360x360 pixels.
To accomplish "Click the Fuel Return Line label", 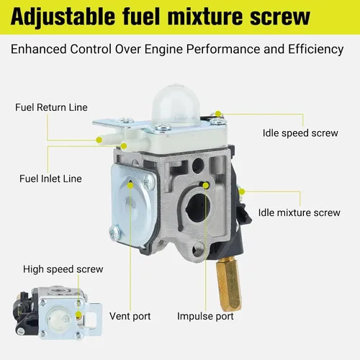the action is (51, 107).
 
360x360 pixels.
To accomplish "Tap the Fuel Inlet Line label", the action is (50, 179).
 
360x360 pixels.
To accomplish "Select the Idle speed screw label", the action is (300, 133).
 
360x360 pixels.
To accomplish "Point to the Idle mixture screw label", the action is (299, 212).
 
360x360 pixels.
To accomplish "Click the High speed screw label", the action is (63, 269).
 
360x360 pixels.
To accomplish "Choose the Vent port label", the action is (130, 316).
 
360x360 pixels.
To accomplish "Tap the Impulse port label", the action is (205, 316).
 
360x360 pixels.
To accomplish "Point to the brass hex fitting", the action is (229, 284).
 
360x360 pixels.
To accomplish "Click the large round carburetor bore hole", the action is (198, 208).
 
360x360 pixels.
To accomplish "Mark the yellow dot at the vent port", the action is (130, 185).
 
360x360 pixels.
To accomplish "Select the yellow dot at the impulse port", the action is (206, 185).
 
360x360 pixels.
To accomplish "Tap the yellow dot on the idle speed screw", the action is (218, 114).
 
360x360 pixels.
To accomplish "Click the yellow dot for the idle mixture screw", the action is (242, 192).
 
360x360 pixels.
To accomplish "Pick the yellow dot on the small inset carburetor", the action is (78, 315).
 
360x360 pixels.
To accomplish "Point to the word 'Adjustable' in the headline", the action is (63, 17).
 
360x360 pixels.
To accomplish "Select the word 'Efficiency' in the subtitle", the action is (316, 50).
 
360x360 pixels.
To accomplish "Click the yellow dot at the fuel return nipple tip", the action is (99, 140).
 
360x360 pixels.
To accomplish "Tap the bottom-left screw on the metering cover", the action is (114, 233).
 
